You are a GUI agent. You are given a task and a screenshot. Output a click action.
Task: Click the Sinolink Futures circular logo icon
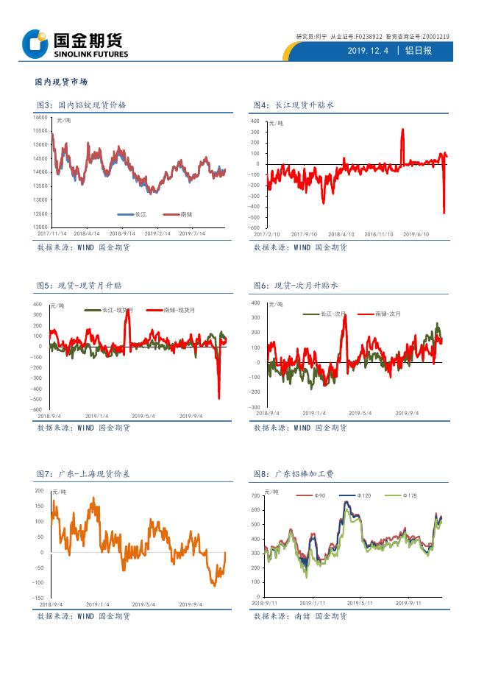coord(33,43)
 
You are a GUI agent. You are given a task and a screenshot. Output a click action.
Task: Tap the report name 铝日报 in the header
coord(420,51)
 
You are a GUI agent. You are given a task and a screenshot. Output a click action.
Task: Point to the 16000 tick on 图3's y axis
coord(40,118)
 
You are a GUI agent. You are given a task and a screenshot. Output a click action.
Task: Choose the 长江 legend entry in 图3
coord(133,214)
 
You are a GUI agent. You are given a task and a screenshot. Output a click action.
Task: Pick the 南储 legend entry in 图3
coord(177,214)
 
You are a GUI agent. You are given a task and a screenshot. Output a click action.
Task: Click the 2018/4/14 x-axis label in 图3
coord(88,233)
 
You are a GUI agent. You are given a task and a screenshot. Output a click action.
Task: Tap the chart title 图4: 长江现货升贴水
coord(294,105)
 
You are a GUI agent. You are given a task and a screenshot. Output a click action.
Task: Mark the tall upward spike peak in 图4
coord(402,130)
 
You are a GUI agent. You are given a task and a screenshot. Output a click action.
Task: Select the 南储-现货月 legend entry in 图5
coord(171,311)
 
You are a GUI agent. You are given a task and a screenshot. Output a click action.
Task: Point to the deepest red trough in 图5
coord(218,398)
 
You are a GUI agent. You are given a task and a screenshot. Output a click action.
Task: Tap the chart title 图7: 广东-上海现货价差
coord(83,474)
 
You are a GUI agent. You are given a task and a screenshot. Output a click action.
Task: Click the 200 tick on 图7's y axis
coord(40,490)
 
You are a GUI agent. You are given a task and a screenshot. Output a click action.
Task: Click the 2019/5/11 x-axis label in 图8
coord(360,602)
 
